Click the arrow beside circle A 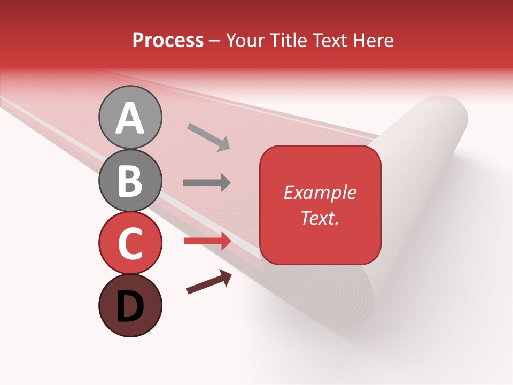pyautogui.click(x=208, y=136)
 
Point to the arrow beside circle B pyautogui.click(x=207, y=183)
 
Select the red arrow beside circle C pyautogui.click(x=207, y=241)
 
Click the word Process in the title pyautogui.click(x=168, y=41)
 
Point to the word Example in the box pyautogui.click(x=320, y=192)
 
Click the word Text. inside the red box pyautogui.click(x=320, y=218)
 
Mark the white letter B pyautogui.click(x=130, y=181)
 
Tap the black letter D pyautogui.click(x=130, y=307)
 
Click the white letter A pyautogui.click(x=130, y=118)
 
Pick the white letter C pyautogui.click(x=130, y=243)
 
